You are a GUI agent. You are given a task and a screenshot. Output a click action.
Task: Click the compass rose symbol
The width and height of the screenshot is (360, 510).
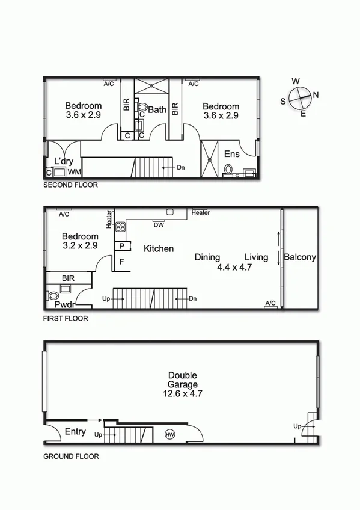[x=299, y=97]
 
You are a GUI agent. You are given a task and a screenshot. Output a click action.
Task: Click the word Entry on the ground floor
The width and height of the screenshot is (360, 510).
[x=75, y=432]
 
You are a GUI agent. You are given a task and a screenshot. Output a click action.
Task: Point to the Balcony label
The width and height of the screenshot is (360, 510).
[x=300, y=257]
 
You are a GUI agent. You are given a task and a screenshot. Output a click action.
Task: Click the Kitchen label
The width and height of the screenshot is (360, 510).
[x=159, y=248]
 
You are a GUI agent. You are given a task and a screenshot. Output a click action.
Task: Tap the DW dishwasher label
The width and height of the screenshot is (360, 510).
[x=159, y=225]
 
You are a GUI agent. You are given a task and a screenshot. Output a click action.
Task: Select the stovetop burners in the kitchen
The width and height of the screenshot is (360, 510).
[x=120, y=227]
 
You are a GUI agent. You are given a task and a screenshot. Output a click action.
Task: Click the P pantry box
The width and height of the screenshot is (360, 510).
[x=122, y=246]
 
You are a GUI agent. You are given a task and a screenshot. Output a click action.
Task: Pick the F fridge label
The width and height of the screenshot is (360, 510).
[x=122, y=262]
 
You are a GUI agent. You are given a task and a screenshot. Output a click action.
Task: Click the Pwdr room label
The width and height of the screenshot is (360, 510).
[x=64, y=305]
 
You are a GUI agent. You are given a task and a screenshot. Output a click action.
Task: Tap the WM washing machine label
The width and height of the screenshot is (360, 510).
[x=74, y=172]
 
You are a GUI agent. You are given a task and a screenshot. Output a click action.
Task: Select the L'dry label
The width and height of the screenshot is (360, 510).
[x=64, y=161]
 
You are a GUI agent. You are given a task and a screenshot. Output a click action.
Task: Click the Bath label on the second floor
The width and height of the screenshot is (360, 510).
[x=157, y=110]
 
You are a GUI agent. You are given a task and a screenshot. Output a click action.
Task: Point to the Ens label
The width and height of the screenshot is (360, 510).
[x=232, y=154]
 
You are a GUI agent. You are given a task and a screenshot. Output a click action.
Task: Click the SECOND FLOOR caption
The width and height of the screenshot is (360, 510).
[x=70, y=186]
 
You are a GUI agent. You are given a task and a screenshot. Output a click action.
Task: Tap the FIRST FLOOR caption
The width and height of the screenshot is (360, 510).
[x=66, y=319]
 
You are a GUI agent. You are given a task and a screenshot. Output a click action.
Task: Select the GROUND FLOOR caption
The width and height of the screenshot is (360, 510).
[x=71, y=456]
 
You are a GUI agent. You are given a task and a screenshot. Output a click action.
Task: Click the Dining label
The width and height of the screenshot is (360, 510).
[x=207, y=257]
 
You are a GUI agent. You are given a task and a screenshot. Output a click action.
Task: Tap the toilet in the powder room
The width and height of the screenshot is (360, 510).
[x=53, y=295]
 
